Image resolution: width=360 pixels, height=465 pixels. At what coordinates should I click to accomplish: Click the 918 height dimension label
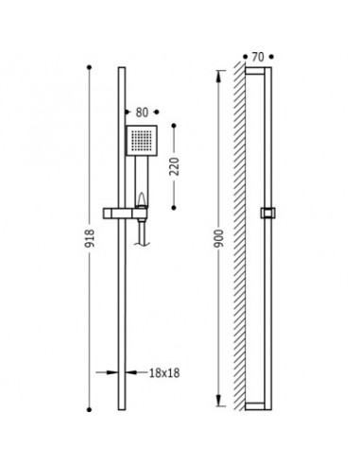pyautogui.click(x=90, y=238)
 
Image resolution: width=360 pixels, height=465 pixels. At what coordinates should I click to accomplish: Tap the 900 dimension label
pyautogui.click(x=219, y=238)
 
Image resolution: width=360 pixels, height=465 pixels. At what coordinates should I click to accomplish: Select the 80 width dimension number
pyautogui.click(x=142, y=112)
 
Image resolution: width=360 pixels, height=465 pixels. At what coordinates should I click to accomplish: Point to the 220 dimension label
pyautogui.click(x=174, y=166)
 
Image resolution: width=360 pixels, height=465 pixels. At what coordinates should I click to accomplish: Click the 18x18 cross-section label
pyautogui.click(x=164, y=373)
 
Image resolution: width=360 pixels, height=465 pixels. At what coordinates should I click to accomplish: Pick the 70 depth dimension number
pyautogui.click(x=258, y=57)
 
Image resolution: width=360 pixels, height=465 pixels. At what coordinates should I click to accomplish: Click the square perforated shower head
pyautogui.click(x=142, y=140)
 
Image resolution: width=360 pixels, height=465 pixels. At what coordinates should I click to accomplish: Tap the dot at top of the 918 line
pyautogui.click(x=89, y=67)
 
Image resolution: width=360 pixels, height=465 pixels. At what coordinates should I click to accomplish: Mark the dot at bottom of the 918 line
pyautogui.click(x=89, y=409)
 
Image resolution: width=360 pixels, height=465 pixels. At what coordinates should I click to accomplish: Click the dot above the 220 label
pyautogui.click(x=174, y=126)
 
